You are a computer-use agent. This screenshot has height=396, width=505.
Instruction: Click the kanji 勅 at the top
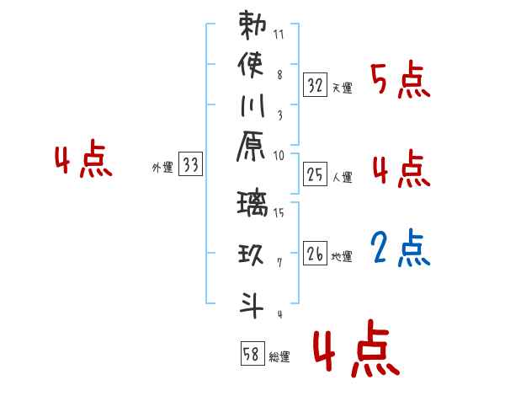click(252, 26)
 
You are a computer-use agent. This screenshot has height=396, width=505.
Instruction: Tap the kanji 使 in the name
click(252, 65)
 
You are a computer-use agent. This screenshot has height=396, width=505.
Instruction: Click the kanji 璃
click(252, 206)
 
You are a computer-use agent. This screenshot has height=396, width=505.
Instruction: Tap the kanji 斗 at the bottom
click(252, 302)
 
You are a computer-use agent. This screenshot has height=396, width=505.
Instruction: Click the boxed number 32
click(315, 84)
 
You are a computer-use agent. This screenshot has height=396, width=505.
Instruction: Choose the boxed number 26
click(315, 253)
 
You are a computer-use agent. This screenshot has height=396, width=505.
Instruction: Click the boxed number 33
click(191, 165)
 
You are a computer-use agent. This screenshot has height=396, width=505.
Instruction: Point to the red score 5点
click(400, 80)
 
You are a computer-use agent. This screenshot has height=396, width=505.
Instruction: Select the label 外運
click(162, 168)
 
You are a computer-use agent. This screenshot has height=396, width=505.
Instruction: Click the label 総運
click(279, 357)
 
